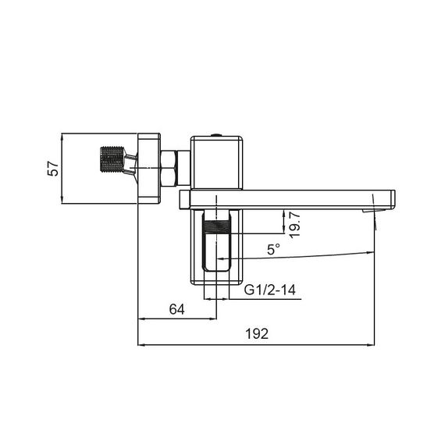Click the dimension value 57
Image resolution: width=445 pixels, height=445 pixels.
click(x=54, y=169)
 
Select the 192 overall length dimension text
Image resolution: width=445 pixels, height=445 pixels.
click(x=256, y=333)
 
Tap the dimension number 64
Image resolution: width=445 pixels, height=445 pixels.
click(x=176, y=308)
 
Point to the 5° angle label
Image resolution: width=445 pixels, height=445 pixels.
click(x=272, y=250)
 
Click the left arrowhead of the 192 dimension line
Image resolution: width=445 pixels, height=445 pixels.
click(x=141, y=344)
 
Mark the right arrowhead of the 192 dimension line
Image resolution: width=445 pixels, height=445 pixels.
click(x=376, y=344)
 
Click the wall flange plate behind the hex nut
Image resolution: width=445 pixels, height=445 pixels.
click(x=148, y=169)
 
